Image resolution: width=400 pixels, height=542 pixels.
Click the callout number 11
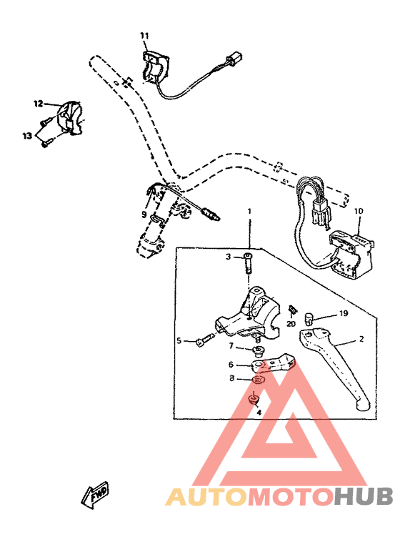click(x=144, y=35)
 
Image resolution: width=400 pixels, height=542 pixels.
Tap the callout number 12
click(x=38, y=104)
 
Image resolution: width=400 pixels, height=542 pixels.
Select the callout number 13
click(x=26, y=135)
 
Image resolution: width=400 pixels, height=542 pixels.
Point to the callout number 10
click(x=359, y=211)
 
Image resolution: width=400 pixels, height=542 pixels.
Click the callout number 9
click(x=144, y=213)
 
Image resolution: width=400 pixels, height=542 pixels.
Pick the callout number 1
click(x=249, y=212)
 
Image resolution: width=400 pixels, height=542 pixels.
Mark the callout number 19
click(x=343, y=313)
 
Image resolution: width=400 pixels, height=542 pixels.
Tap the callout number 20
click(x=291, y=323)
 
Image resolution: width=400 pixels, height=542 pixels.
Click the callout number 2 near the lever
click(x=361, y=340)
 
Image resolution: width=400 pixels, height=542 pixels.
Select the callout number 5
click(x=180, y=340)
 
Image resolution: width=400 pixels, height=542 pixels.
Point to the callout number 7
click(x=231, y=346)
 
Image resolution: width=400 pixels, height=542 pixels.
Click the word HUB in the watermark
click(x=364, y=496)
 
